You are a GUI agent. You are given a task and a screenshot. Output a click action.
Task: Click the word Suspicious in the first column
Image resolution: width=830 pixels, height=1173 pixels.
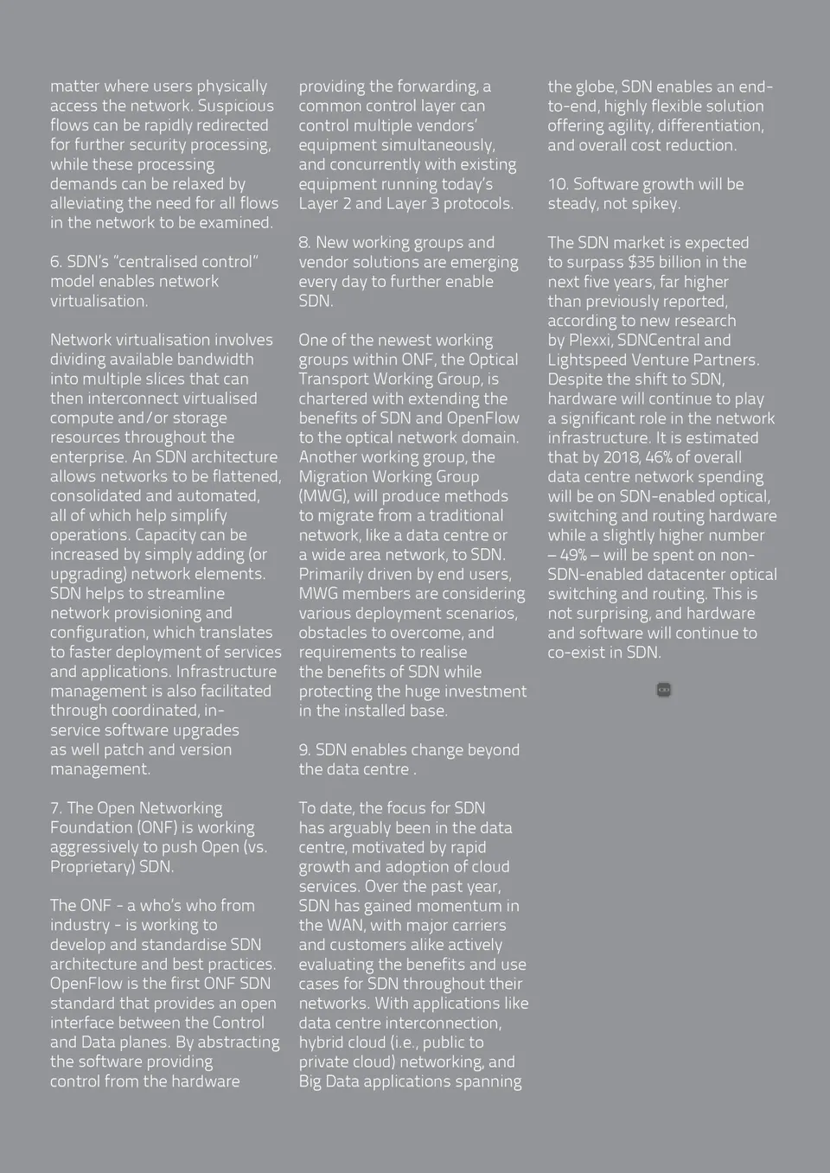point(235,105)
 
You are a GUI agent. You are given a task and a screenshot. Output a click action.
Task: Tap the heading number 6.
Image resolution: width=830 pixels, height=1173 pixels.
point(55,262)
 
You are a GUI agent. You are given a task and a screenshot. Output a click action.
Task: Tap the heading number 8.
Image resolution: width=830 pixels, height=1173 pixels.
point(304,243)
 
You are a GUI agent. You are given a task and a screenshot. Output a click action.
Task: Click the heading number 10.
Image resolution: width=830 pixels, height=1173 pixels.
point(557,184)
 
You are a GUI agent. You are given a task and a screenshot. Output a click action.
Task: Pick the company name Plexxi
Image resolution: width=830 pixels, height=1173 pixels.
point(589,340)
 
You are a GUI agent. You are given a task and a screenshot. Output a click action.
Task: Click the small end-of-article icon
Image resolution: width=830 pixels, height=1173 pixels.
point(664,690)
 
